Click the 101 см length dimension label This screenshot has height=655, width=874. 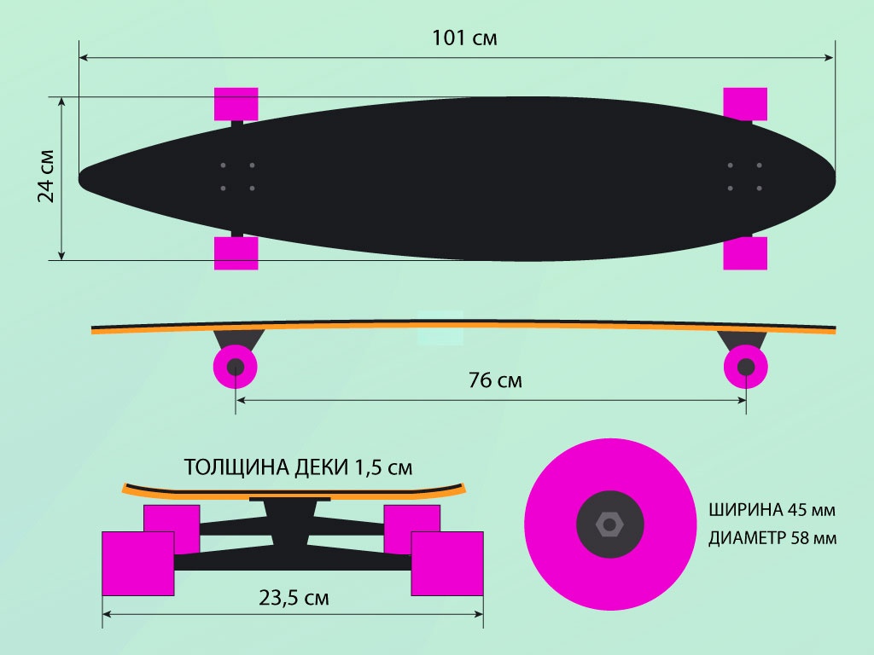[464, 38]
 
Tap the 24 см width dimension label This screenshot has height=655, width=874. [46, 176]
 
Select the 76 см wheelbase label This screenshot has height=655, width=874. [495, 380]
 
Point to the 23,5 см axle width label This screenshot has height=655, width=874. [294, 598]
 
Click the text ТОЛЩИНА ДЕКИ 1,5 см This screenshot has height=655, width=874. [298, 467]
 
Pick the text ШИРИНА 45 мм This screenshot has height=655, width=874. [772, 510]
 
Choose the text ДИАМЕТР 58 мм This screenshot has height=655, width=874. [772, 538]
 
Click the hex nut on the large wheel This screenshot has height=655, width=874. [609, 525]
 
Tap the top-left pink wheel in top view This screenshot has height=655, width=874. [236, 103]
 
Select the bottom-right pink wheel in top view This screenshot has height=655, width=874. [745, 253]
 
